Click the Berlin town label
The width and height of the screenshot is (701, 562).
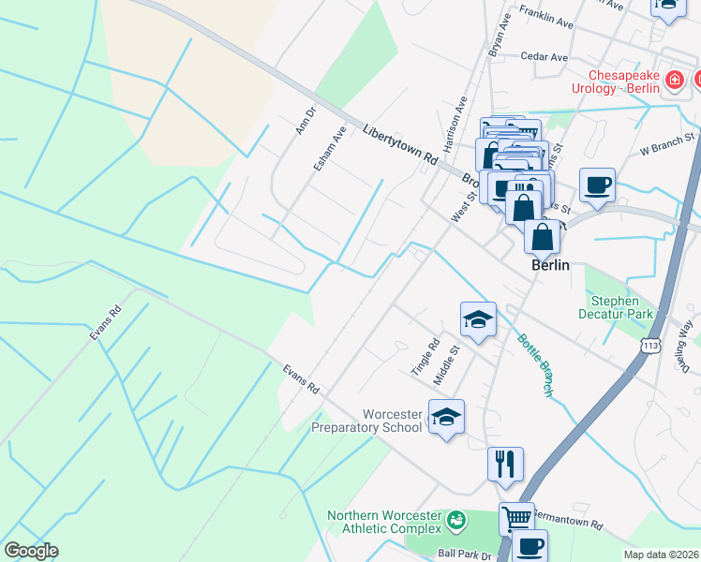550,265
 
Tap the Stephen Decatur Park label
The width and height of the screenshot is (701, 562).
621,307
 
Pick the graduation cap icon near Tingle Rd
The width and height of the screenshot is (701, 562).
477,318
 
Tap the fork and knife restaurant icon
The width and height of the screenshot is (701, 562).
505,463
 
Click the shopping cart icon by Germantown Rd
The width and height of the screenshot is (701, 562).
515,517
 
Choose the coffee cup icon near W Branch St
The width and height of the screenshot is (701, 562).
597,184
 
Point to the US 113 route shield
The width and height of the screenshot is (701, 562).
652,347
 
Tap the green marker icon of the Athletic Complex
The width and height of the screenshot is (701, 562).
456,518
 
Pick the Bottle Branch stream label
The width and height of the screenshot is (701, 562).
536,362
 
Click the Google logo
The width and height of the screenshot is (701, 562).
31,551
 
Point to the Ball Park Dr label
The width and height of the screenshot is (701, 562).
464,555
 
